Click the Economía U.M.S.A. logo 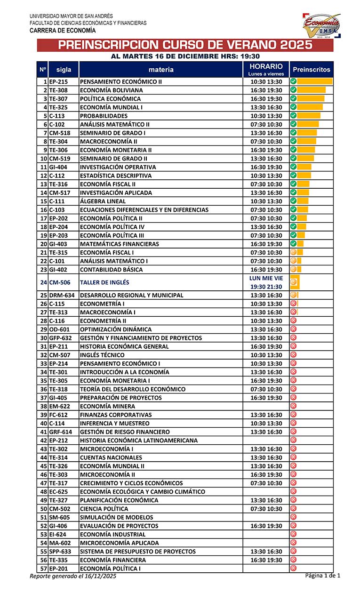[x=321, y=25]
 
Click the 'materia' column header [x=160, y=70]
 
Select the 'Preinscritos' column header [x=312, y=70]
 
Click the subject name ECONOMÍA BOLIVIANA [x=112, y=90]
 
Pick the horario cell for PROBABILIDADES [x=266, y=116]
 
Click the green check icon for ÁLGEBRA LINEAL [x=293, y=201]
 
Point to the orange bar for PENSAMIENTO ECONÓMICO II [x=315, y=82]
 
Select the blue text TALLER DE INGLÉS [x=104, y=282]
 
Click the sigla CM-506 [x=60, y=282]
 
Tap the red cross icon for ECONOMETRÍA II [x=293, y=321]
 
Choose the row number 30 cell [x=43, y=338]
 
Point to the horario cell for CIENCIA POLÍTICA [x=266, y=509]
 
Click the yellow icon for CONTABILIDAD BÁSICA [x=293, y=269]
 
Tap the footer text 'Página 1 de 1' [x=322, y=576]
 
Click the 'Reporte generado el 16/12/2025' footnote [x=73, y=576]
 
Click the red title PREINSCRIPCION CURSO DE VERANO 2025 [x=185, y=45]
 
